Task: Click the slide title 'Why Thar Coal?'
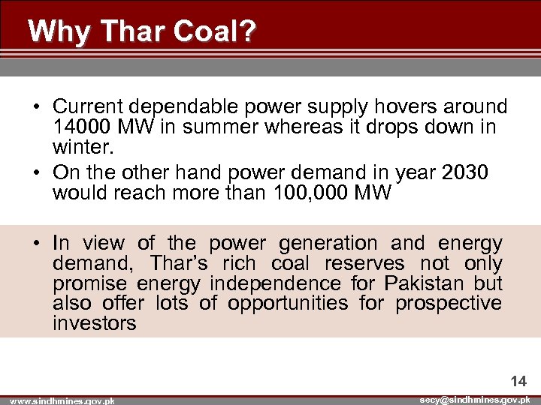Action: tap(142, 31)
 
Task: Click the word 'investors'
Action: tap(95, 323)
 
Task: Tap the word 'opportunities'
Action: tap(289, 303)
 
